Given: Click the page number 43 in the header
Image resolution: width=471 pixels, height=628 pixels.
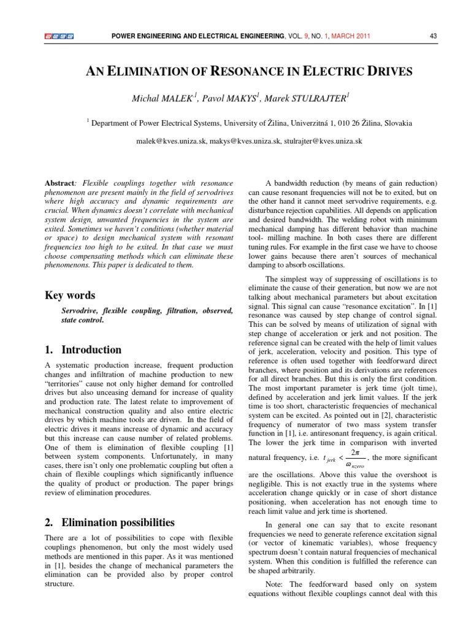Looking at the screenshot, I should click(x=433, y=36).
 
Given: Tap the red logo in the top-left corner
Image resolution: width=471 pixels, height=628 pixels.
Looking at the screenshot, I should click(x=59, y=36).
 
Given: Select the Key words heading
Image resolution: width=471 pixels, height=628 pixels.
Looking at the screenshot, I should click(x=70, y=295).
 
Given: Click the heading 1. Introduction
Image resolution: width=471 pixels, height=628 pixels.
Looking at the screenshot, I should click(x=83, y=350).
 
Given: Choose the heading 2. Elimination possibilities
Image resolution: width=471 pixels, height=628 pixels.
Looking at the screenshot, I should click(x=110, y=523).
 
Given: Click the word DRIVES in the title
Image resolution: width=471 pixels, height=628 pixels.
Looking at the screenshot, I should click(x=388, y=72).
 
